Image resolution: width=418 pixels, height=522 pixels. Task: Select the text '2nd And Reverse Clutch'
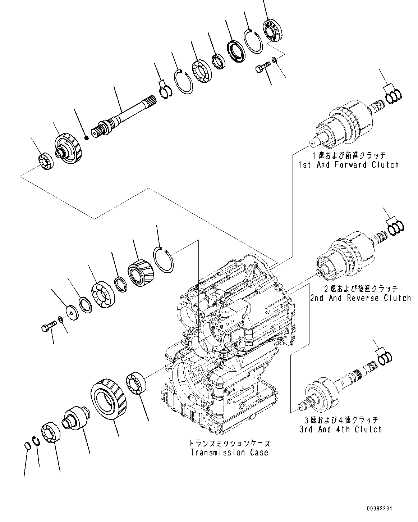pyautogui.click(x=360, y=298)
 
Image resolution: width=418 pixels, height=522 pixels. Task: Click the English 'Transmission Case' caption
pyautogui.click(x=229, y=453)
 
